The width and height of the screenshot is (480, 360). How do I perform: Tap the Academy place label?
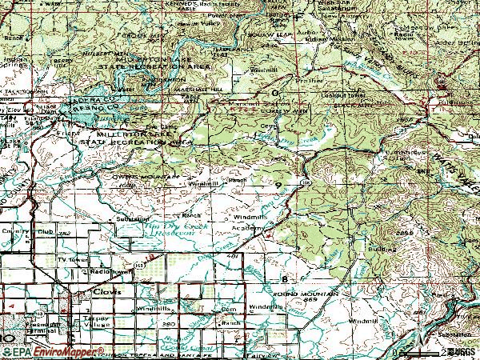pyautogui.click(x=248, y=229)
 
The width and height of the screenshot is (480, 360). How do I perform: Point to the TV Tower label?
pyautogui.click(x=72, y=261)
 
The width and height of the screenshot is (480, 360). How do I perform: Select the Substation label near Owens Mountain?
pyautogui.click(x=133, y=218)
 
